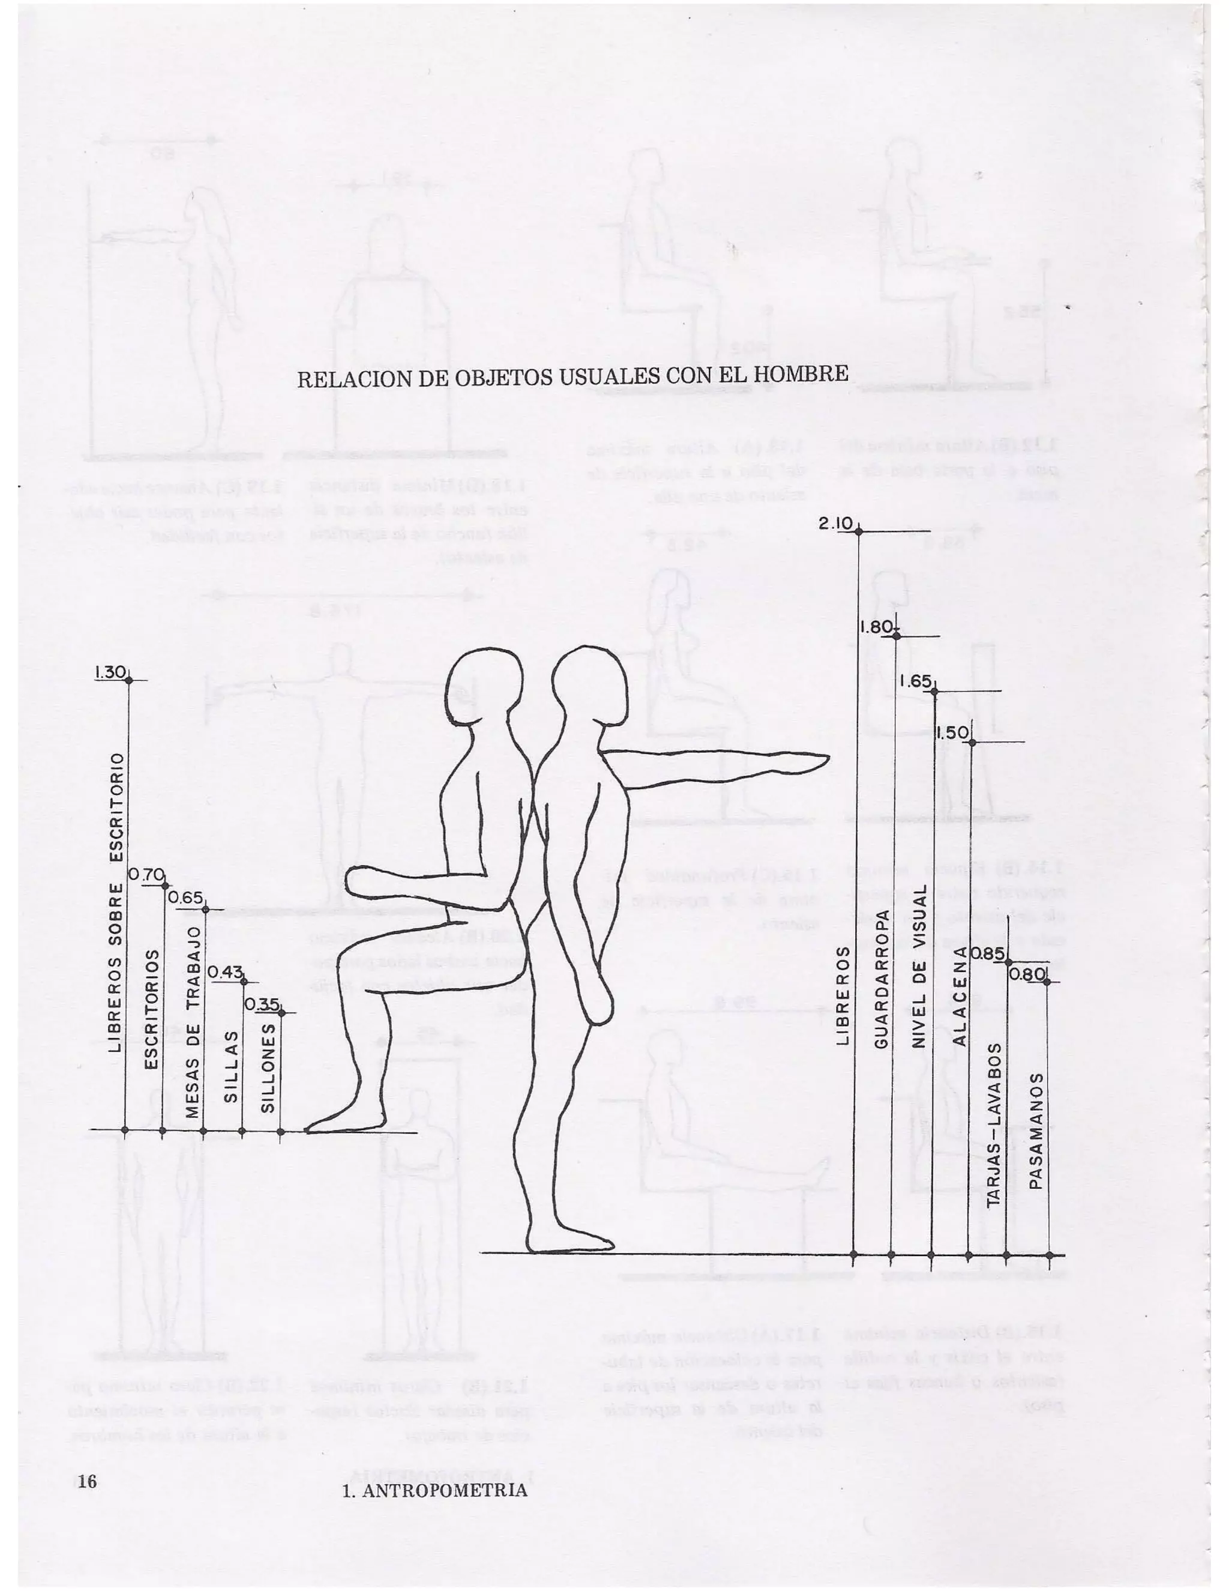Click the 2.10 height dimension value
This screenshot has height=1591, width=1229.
[x=835, y=523]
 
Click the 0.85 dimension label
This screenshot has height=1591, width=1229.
[x=990, y=953]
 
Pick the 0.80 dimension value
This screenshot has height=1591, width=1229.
[x=1027, y=974]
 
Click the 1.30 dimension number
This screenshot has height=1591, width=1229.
[x=110, y=672]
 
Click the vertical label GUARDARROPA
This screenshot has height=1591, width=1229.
[x=880, y=979]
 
